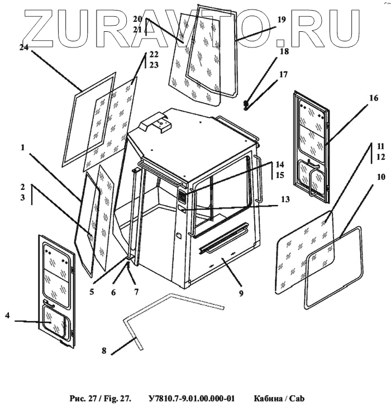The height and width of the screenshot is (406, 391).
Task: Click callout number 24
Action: tap(23, 48)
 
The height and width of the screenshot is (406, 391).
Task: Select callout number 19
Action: tap(281, 20)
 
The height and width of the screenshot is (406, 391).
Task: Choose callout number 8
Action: tap(104, 351)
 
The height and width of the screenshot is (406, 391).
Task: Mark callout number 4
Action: tap(7, 317)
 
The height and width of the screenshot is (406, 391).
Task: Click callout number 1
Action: tap(23, 147)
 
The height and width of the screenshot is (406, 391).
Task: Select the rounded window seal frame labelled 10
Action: tap(333, 268)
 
